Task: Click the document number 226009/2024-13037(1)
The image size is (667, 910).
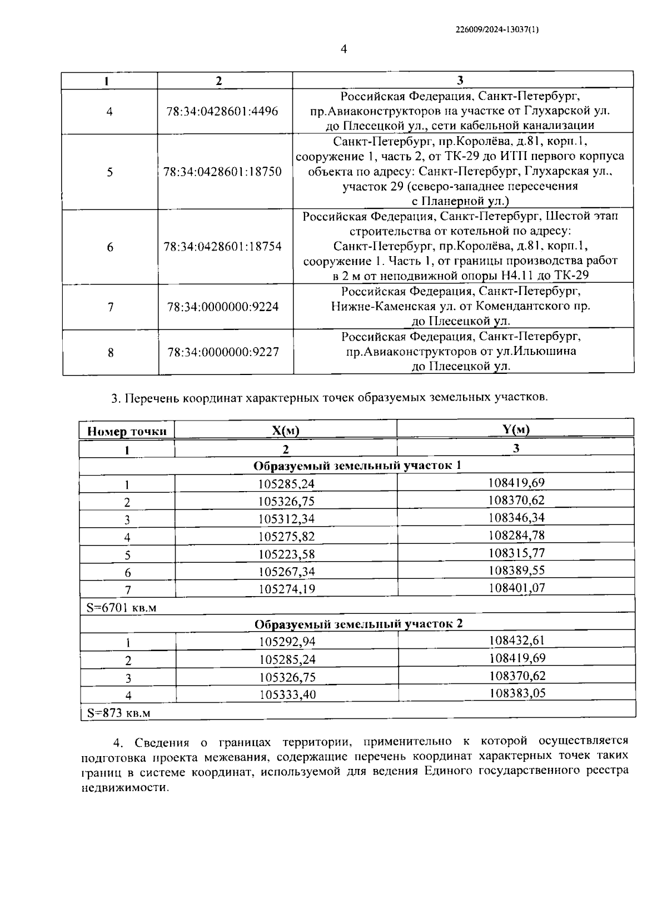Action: (x=497, y=31)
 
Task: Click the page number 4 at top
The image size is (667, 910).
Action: (x=344, y=50)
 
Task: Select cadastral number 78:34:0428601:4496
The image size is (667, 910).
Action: (x=222, y=111)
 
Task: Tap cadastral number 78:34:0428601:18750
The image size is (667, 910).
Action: (x=222, y=172)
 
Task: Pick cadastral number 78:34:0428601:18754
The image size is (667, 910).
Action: (x=222, y=247)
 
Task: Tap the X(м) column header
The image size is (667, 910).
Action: (x=286, y=431)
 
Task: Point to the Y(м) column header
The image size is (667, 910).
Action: (x=516, y=428)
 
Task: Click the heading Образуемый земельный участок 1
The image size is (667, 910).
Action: (x=357, y=466)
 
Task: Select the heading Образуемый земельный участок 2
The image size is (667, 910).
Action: (x=358, y=624)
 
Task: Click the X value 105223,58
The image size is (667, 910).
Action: (x=286, y=554)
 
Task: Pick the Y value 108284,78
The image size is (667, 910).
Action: (x=516, y=535)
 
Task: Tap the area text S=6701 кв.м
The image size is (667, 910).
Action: (x=122, y=608)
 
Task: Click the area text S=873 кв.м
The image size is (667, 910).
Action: (x=118, y=713)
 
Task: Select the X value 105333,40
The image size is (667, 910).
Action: (x=287, y=694)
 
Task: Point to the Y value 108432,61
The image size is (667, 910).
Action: (x=517, y=641)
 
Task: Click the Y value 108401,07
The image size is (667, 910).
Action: (x=516, y=587)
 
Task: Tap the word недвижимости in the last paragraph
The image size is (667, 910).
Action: (x=124, y=788)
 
